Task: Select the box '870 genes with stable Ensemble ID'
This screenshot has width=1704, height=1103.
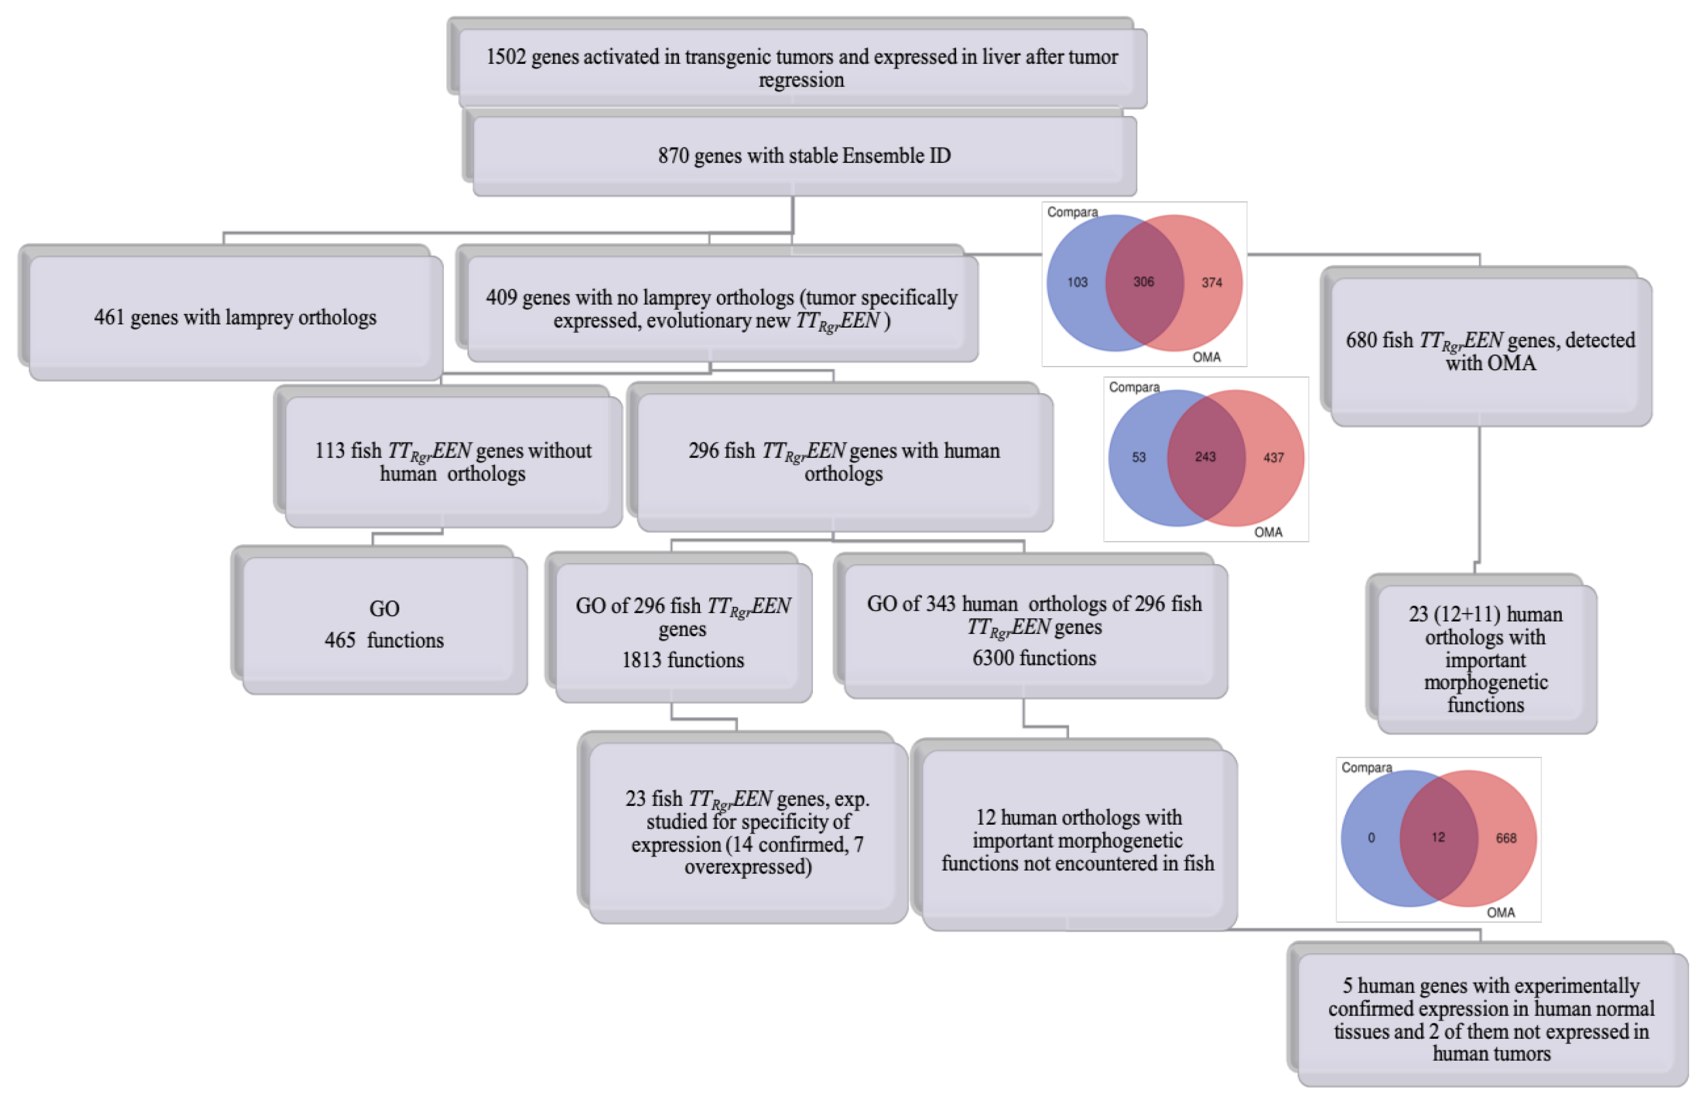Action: [804, 155]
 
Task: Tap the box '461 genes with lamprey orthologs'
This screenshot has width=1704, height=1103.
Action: [235, 317]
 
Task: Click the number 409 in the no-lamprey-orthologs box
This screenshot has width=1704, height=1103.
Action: [501, 297]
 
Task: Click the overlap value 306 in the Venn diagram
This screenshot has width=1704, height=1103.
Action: [1144, 281]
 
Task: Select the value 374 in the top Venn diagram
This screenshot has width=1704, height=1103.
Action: [1211, 282]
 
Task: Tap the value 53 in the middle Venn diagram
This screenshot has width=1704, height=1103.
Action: [1138, 457]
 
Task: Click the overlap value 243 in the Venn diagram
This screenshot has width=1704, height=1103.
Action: [1205, 456]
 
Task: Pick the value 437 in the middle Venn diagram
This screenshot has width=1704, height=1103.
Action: [1273, 457]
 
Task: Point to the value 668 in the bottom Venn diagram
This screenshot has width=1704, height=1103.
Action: [1506, 837]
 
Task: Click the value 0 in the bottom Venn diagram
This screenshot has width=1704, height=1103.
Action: [1371, 837]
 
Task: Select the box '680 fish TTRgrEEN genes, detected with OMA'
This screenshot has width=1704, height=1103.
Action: [1490, 351]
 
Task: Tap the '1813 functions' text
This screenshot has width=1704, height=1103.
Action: [682, 660]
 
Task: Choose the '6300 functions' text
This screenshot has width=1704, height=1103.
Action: [1034, 658]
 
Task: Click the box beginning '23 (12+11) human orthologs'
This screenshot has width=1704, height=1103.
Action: [1486, 659]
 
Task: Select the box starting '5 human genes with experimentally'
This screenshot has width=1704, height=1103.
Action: [1491, 1019]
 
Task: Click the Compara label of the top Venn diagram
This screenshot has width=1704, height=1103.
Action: [1072, 212]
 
